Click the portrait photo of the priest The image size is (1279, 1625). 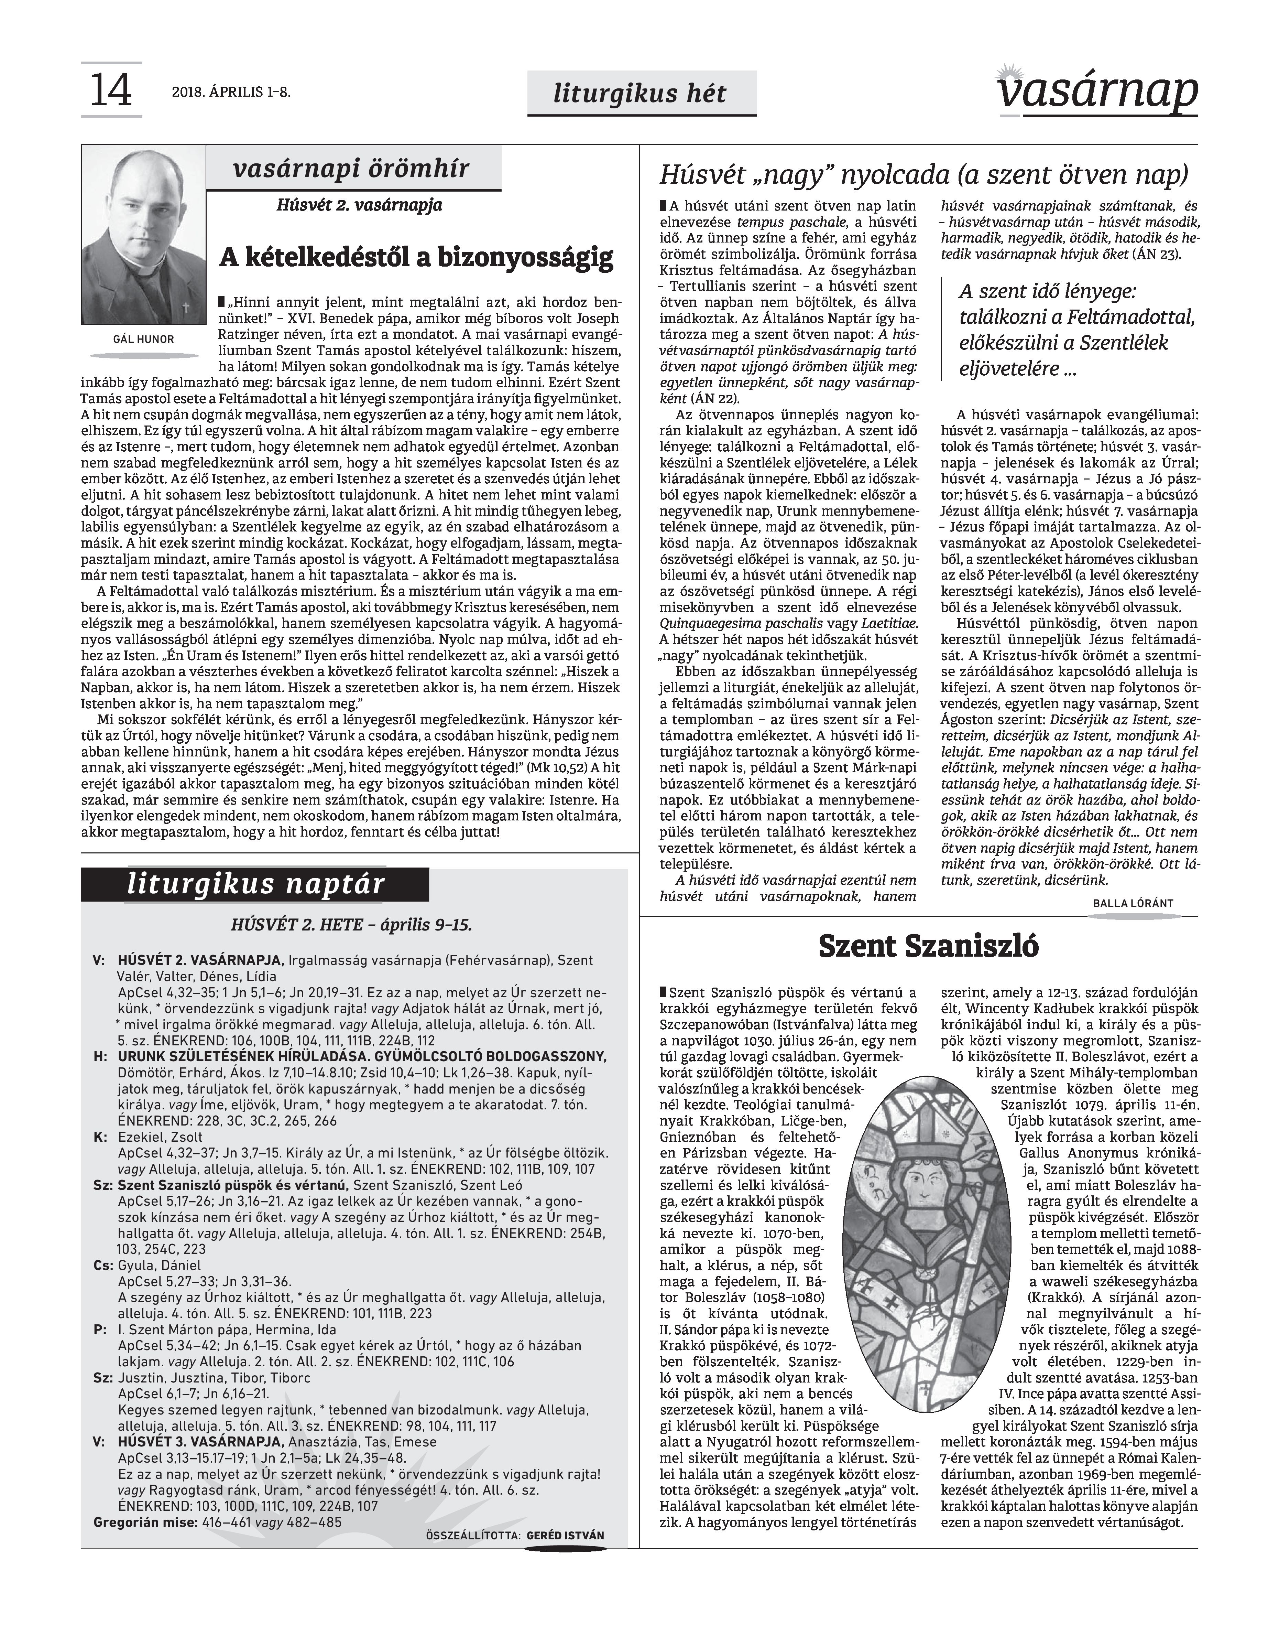(143, 235)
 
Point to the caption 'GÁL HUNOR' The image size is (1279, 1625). (143, 340)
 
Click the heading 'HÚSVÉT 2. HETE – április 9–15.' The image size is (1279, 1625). (352, 925)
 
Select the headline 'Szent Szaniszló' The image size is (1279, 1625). (928, 946)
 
